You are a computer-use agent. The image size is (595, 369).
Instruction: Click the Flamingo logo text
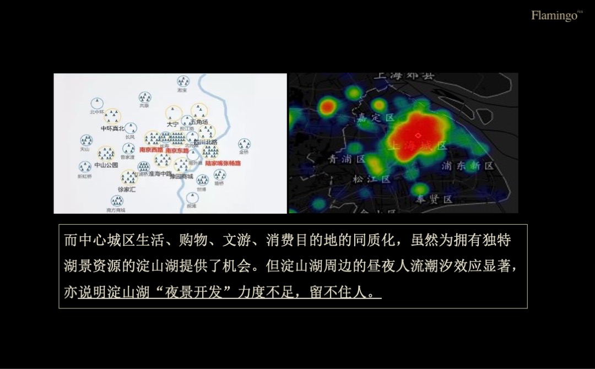coord(554,15)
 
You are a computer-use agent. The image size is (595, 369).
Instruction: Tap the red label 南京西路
coord(151,150)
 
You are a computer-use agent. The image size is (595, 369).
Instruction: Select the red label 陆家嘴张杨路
coord(222,164)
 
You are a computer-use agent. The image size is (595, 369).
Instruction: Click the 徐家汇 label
coord(126,189)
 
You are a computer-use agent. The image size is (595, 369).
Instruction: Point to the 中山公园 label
coord(106,165)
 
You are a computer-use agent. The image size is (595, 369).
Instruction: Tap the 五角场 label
coord(199,122)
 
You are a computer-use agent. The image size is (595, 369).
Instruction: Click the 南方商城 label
coord(116,210)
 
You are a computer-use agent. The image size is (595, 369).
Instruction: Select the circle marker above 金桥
coord(244,144)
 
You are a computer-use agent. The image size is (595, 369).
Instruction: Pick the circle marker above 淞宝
coord(183,82)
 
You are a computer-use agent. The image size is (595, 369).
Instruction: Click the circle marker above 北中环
coord(97,103)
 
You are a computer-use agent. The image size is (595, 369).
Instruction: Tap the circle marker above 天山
coord(86,140)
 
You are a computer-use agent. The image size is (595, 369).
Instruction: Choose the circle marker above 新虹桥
coord(84,167)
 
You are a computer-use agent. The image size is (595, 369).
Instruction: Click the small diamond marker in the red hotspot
coord(418,135)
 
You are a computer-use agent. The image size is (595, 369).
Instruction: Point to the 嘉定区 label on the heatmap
coord(376,117)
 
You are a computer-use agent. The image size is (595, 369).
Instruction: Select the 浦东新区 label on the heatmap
coord(468,166)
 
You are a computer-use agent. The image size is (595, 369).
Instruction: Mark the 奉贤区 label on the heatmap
coord(434,199)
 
